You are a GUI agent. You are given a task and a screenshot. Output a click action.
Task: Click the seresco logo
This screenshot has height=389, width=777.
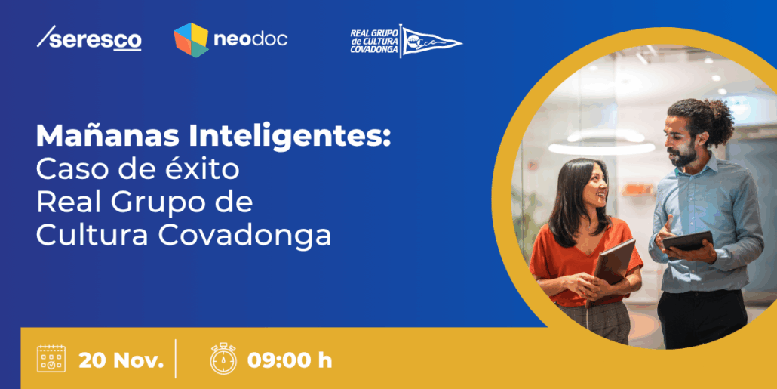tap(89, 39)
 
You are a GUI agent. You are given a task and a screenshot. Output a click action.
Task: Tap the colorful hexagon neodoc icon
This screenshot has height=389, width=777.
tap(191, 39)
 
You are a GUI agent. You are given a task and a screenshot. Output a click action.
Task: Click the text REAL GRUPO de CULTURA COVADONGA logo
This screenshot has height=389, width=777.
tap(373, 41)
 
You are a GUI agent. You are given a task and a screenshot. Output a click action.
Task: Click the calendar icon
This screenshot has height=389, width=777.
tap(51, 359)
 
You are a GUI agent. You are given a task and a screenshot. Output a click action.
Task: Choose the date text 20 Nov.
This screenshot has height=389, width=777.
tap(121, 360)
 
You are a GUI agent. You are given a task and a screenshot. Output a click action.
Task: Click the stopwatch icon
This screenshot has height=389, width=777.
tap(223, 359)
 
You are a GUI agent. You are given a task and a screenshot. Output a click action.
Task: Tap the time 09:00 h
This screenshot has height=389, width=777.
tap(290, 360)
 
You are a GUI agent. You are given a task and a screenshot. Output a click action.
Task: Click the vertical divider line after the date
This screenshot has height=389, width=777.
tap(176, 359)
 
